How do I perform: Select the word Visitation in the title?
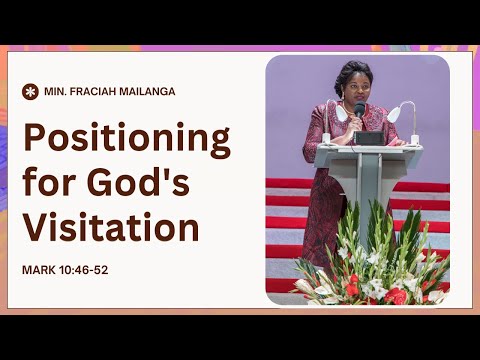[111, 227]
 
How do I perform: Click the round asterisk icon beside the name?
[30, 91]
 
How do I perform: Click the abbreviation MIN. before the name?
[55, 91]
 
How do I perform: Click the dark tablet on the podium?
[369, 138]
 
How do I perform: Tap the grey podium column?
[372, 190]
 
